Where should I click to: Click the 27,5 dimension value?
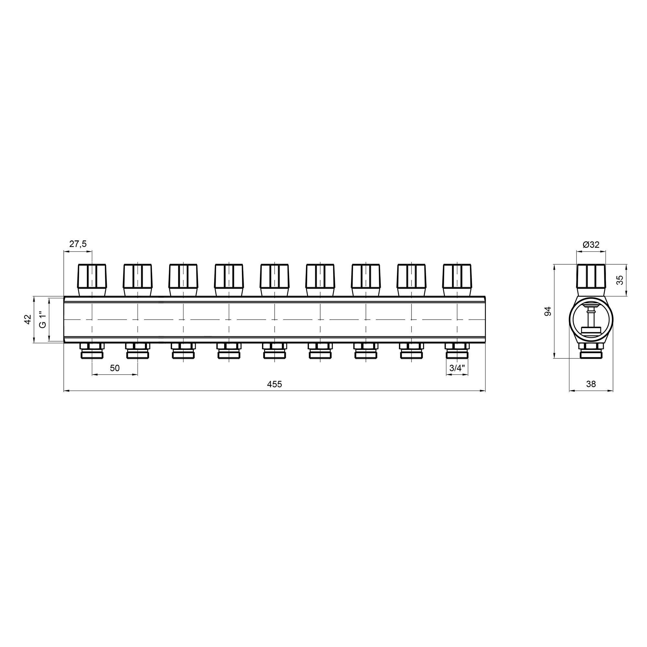[78, 244]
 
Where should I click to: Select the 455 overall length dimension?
[274, 384]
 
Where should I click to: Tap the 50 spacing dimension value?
[115, 368]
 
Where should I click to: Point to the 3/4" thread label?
[457, 368]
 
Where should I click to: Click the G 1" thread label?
[42, 320]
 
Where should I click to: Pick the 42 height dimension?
[28, 319]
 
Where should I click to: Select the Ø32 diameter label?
[591, 245]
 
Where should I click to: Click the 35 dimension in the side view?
[620, 280]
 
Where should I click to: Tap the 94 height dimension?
[548, 312]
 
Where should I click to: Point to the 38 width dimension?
[591, 384]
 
